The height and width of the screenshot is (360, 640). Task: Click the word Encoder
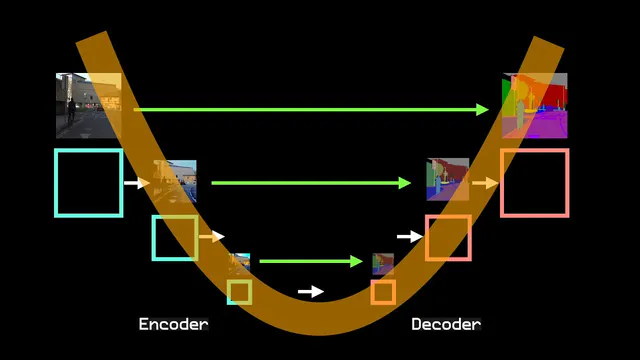[x=173, y=324]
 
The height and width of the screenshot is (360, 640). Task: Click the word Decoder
[x=446, y=324]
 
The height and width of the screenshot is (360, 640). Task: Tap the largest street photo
[x=89, y=106]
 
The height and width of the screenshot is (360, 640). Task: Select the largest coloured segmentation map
[x=535, y=106]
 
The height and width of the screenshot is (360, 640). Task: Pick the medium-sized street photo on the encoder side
[x=175, y=181]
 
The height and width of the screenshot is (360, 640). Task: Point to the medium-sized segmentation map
[x=448, y=179]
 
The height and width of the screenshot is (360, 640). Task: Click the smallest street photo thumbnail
[x=239, y=264]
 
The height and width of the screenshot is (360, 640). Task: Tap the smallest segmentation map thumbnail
[x=383, y=264]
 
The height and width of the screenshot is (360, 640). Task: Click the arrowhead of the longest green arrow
[x=482, y=109]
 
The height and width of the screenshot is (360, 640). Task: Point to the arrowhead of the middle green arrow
[x=405, y=183]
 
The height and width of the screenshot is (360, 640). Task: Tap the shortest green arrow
[x=311, y=261]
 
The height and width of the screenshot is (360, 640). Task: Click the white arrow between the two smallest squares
[x=311, y=291]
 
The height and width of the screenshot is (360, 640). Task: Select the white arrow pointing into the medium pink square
[x=410, y=236]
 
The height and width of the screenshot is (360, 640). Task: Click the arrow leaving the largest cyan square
[x=137, y=183]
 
